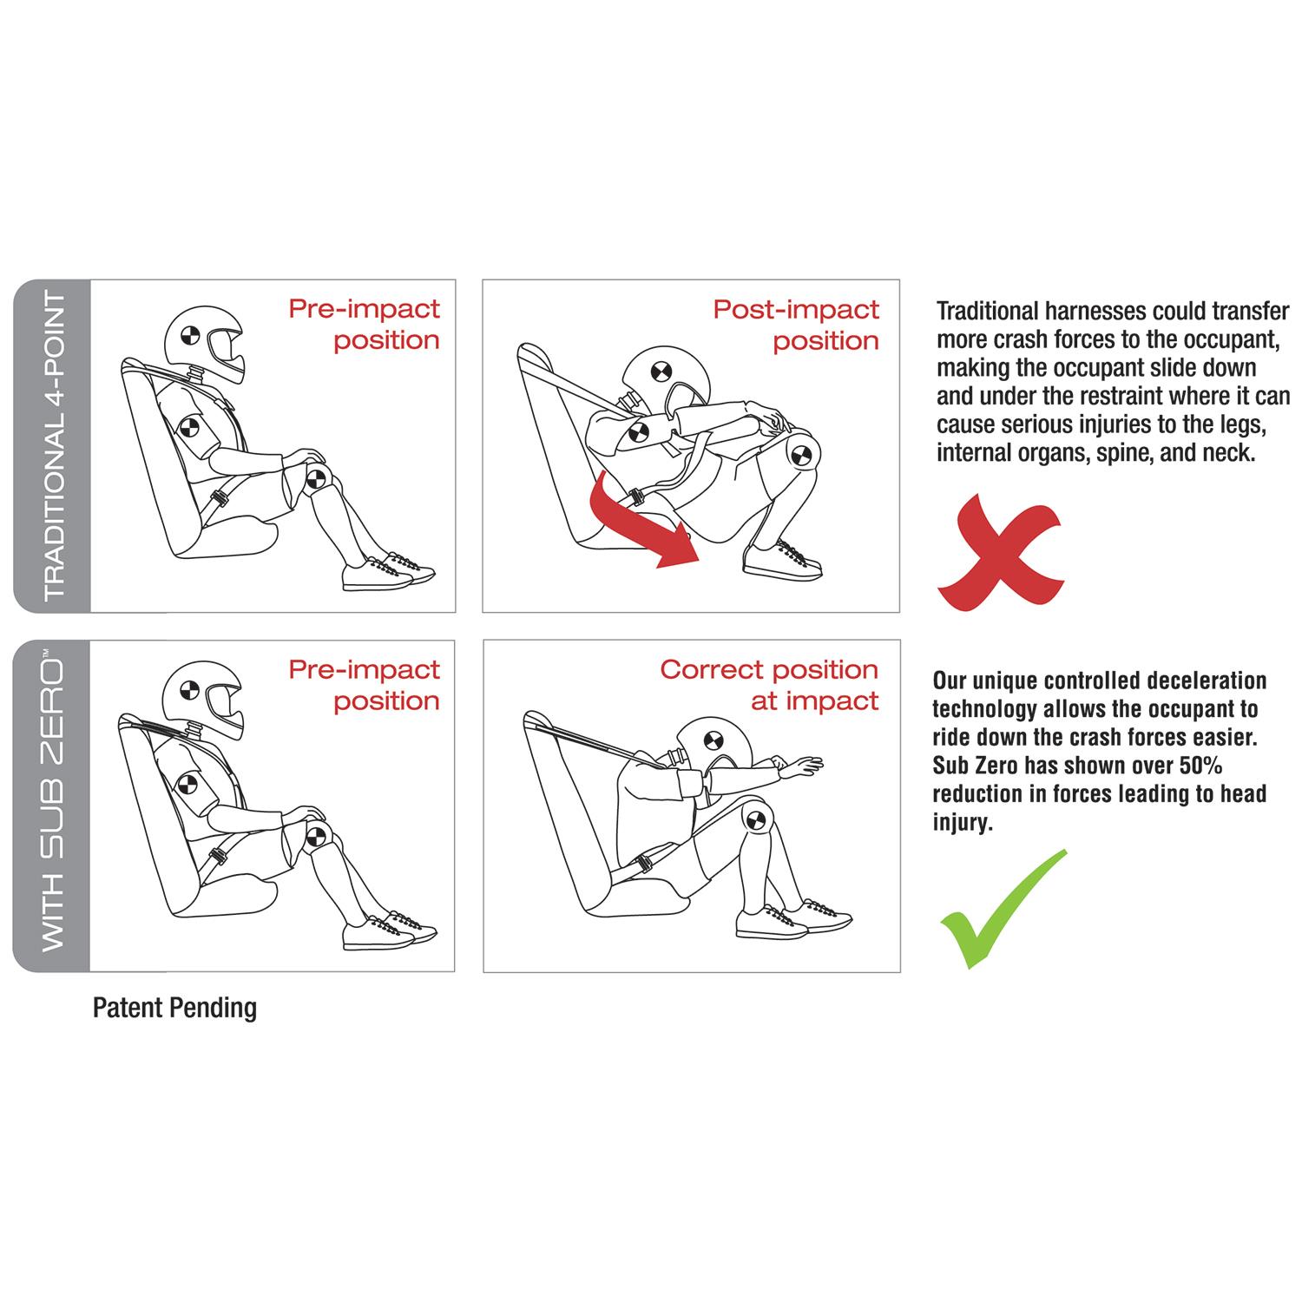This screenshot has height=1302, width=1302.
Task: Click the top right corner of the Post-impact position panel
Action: (x=899, y=280)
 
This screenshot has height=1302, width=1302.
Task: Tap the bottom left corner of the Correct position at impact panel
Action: (x=483, y=972)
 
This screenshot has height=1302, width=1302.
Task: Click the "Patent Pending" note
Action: (x=174, y=1008)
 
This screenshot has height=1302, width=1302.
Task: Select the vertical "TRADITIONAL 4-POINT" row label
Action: (x=54, y=446)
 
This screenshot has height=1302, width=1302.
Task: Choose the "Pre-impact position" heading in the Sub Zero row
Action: (x=365, y=685)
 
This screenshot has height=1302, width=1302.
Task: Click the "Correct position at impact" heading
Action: (x=769, y=685)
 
